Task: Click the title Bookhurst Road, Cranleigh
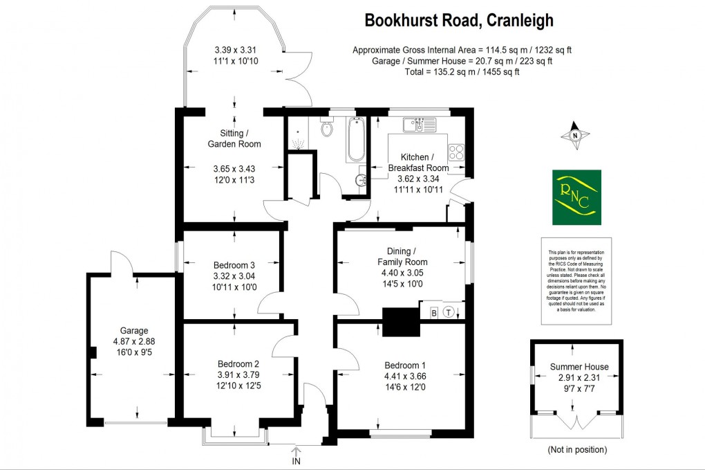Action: [459, 21]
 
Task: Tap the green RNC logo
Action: [576, 197]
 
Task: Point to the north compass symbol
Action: [575, 136]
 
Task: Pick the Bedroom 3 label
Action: [234, 265]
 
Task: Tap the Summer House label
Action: [579, 367]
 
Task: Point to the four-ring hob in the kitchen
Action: [456, 150]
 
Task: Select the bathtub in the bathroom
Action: [356, 138]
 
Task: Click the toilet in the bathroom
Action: [328, 127]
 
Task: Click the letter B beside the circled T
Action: [434, 311]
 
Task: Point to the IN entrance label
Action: [297, 461]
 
